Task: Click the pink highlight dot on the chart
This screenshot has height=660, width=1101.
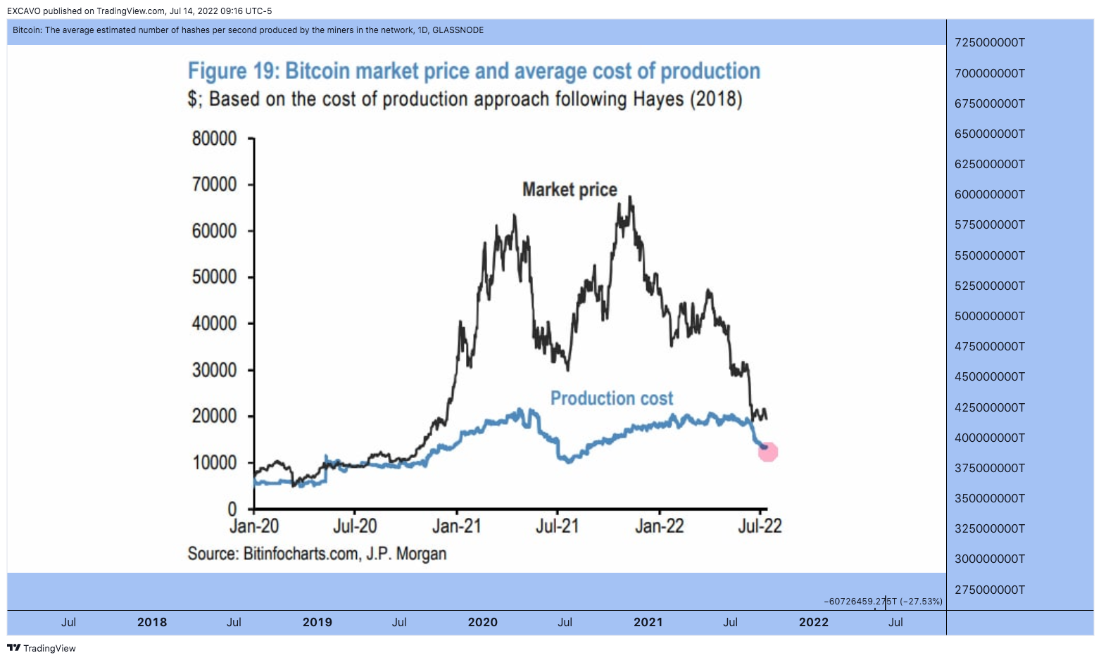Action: pyautogui.click(x=768, y=452)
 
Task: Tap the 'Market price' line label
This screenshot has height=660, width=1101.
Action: pyautogui.click(x=570, y=190)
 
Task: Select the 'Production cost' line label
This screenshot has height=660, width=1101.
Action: pyautogui.click(x=612, y=398)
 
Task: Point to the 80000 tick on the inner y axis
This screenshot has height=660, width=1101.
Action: pyautogui.click(x=214, y=139)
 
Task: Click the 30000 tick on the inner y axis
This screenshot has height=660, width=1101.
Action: pyautogui.click(x=214, y=370)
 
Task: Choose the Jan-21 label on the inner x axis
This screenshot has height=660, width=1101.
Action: pyautogui.click(x=457, y=526)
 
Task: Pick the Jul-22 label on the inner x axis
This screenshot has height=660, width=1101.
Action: pyautogui.click(x=760, y=526)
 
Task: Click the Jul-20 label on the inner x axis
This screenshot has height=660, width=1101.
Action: pyautogui.click(x=355, y=526)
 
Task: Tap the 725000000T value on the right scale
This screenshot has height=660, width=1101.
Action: pyautogui.click(x=990, y=43)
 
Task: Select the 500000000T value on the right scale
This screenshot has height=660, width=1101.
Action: pyautogui.click(x=990, y=316)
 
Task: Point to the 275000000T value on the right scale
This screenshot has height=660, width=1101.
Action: pyautogui.click(x=990, y=590)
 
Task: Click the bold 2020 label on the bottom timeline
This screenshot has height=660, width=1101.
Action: pyautogui.click(x=483, y=622)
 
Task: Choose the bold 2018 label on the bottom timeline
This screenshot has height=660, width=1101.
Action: pyautogui.click(x=152, y=622)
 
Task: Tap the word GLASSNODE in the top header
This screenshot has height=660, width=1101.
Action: pyautogui.click(x=458, y=30)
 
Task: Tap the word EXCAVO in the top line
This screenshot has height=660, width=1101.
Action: pyautogui.click(x=24, y=11)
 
